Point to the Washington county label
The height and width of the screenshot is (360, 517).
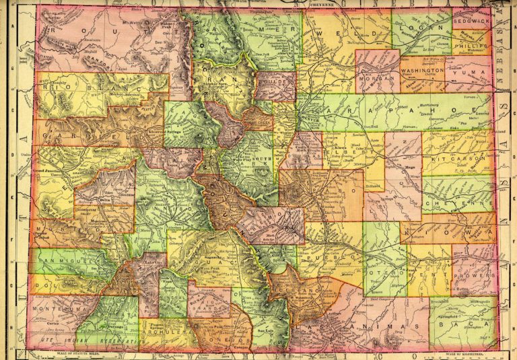point(423,70)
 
